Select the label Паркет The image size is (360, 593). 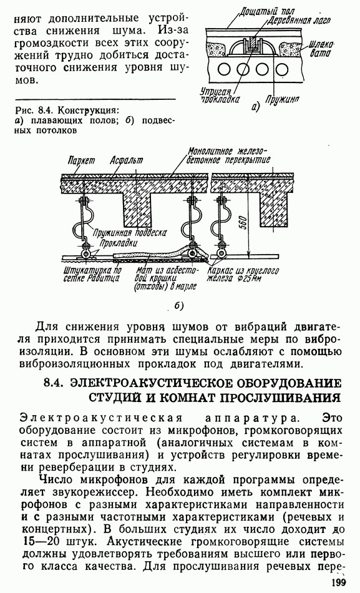pyautogui.click(x=81, y=160)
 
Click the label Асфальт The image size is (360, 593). pyautogui.click(x=126, y=160)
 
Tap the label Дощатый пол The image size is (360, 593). pyautogui.click(x=266, y=11)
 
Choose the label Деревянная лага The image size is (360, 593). pyautogui.click(x=298, y=21)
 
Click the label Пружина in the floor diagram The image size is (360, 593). pyautogui.click(x=282, y=99)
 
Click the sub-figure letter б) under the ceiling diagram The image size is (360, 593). pyautogui.click(x=179, y=306)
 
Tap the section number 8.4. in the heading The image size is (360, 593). pyautogui.click(x=55, y=383)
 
